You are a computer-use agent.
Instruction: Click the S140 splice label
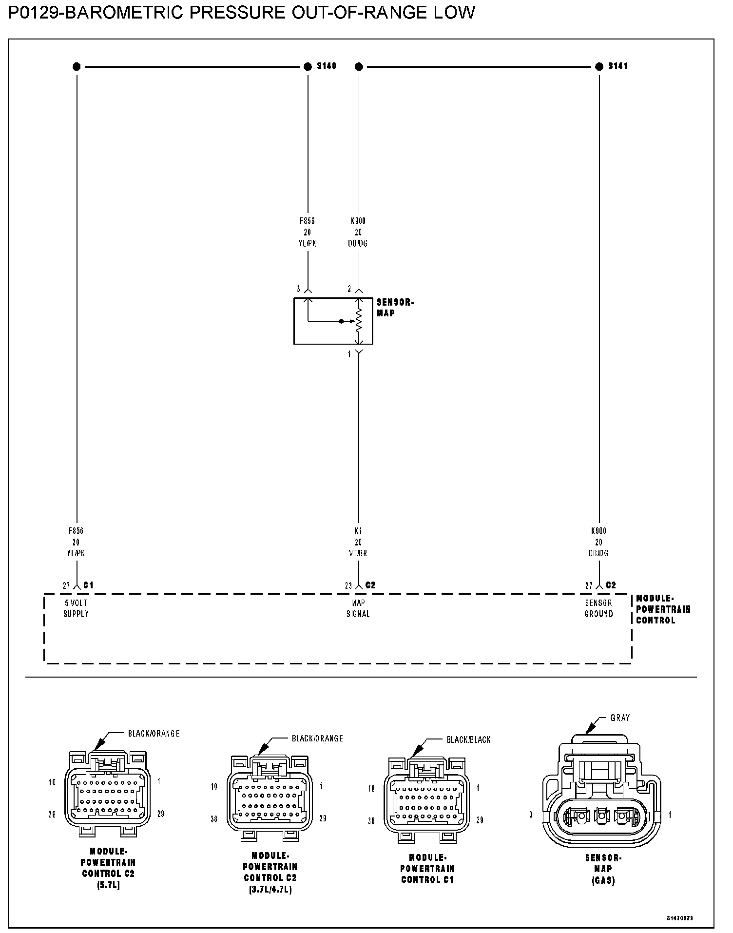[326, 66]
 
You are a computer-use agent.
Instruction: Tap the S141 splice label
[618, 66]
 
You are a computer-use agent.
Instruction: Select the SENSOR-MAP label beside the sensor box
[395, 308]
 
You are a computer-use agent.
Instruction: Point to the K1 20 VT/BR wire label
[358, 542]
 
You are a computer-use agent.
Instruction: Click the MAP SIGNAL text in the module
[358, 608]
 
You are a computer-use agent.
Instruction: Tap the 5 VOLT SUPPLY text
[76, 608]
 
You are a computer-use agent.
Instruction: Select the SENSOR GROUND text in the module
[598, 608]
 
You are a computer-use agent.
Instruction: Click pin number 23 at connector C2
[348, 585]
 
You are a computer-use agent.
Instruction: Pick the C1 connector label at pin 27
[88, 585]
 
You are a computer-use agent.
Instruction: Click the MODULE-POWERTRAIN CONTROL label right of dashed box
[663, 609]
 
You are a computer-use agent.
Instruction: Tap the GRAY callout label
[620, 718]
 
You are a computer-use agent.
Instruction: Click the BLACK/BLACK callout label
[468, 739]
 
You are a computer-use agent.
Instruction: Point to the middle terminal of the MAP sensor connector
[602, 815]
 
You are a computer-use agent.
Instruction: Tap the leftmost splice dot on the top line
[77, 67]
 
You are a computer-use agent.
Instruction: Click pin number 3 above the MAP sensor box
[298, 289]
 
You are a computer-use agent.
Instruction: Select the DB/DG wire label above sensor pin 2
[358, 243]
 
